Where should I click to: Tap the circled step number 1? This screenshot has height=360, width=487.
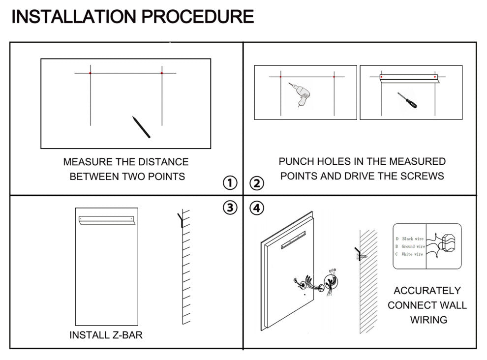[230, 183]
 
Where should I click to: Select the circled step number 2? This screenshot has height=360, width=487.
[257, 183]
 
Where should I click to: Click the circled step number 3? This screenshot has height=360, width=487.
[230, 208]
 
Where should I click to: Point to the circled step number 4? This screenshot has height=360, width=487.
[257, 208]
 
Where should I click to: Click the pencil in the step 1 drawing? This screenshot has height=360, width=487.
[141, 127]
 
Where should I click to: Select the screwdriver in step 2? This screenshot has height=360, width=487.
[407, 100]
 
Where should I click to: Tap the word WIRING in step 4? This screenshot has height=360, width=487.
[429, 320]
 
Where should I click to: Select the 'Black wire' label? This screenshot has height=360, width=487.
[413, 239]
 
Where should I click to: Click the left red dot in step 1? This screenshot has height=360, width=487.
[91, 73]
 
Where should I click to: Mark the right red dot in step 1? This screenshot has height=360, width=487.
[162, 73]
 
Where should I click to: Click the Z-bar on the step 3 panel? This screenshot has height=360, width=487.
[106, 220]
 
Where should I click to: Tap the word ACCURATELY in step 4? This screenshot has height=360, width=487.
[427, 291]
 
